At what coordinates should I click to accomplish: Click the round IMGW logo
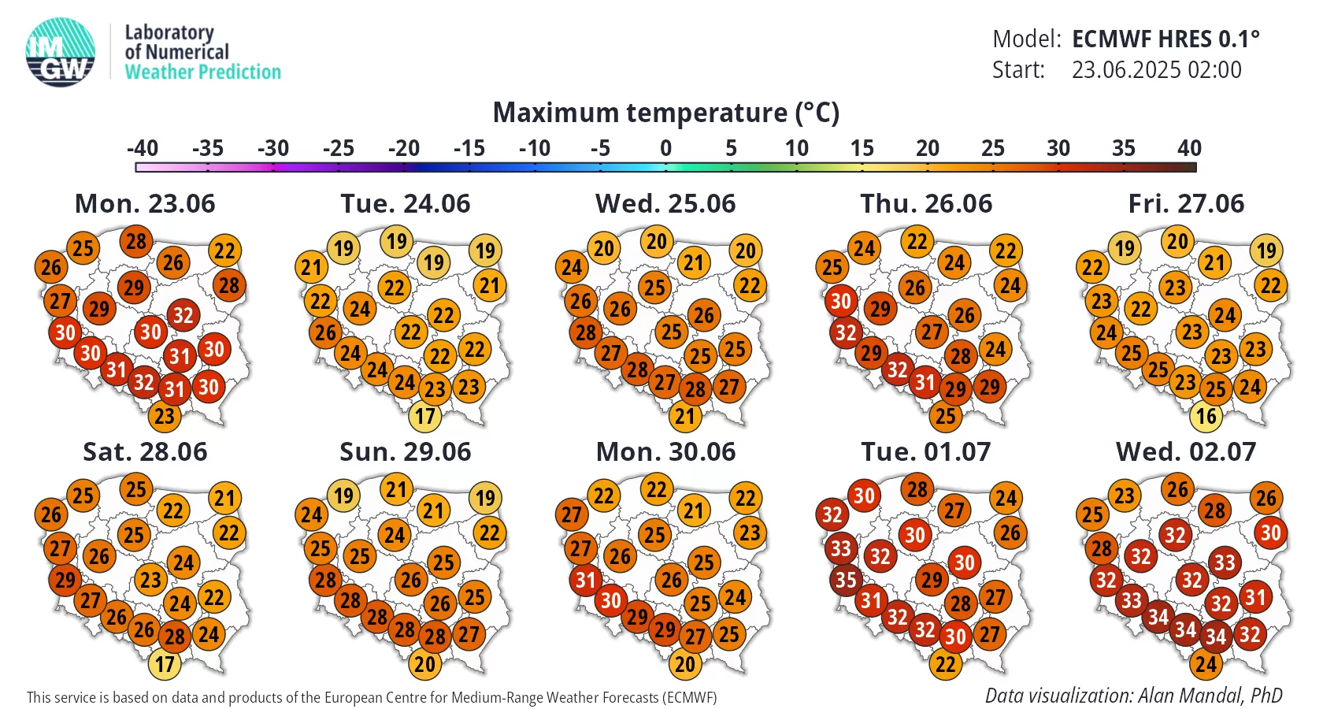pyautogui.click(x=60, y=52)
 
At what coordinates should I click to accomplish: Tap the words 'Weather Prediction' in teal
pyautogui.click(x=202, y=72)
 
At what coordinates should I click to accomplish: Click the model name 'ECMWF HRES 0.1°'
pyautogui.click(x=1165, y=39)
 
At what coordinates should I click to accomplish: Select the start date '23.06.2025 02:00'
pyautogui.click(x=1156, y=69)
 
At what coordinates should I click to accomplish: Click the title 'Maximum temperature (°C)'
pyautogui.click(x=665, y=112)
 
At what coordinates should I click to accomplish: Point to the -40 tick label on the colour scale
pyautogui.click(x=143, y=148)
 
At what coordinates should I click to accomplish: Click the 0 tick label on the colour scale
pyautogui.click(x=665, y=148)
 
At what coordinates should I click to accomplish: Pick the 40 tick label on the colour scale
pyautogui.click(x=1189, y=148)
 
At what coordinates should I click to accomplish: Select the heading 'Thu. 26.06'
pyautogui.click(x=926, y=204)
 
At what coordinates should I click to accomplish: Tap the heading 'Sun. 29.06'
pyautogui.click(x=405, y=452)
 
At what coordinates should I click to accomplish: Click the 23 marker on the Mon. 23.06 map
pyautogui.click(x=164, y=416)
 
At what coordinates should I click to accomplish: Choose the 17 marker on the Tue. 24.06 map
pyautogui.click(x=424, y=416)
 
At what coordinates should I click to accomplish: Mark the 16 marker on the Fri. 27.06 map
pyautogui.click(x=1206, y=416)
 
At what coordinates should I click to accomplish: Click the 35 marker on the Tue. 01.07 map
pyautogui.click(x=846, y=580)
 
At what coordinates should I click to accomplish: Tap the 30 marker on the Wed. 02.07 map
pyautogui.click(x=1270, y=533)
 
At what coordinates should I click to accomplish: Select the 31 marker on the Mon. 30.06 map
pyautogui.click(x=585, y=580)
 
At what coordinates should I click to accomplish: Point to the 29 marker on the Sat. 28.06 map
pyautogui.click(x=65, y=580)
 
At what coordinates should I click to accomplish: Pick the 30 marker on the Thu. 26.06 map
pyautogui.click(x=841, y=301)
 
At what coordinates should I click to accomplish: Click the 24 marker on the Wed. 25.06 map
pyautogui.click(x=572, y=267)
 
